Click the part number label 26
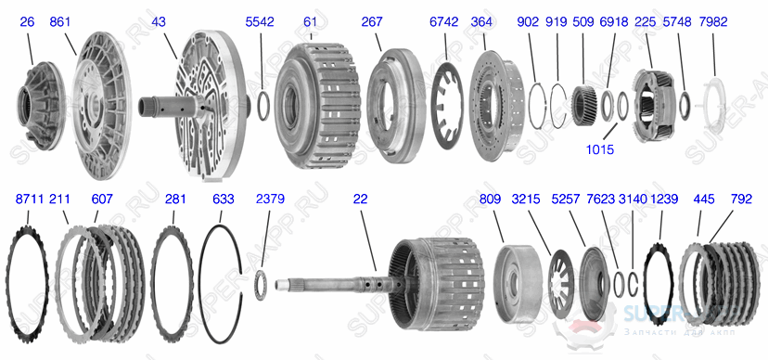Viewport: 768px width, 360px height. pyautogui.click(x=26, y=20)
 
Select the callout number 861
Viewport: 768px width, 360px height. pyautogui.click(x=61, y=20)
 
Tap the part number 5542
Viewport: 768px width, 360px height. pyautogui.click(x=259, y=20)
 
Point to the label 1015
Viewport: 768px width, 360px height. pyautogui.click(x=599, y=148)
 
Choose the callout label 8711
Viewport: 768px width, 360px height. pyautogui.click(x=30, y=199)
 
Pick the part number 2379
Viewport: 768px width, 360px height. pyautogui.click(x=269, y=199)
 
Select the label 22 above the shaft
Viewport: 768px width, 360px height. pyautogui.click(x=361, y=199)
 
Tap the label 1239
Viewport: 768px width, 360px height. pyautogui.click(x=664, y=199)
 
